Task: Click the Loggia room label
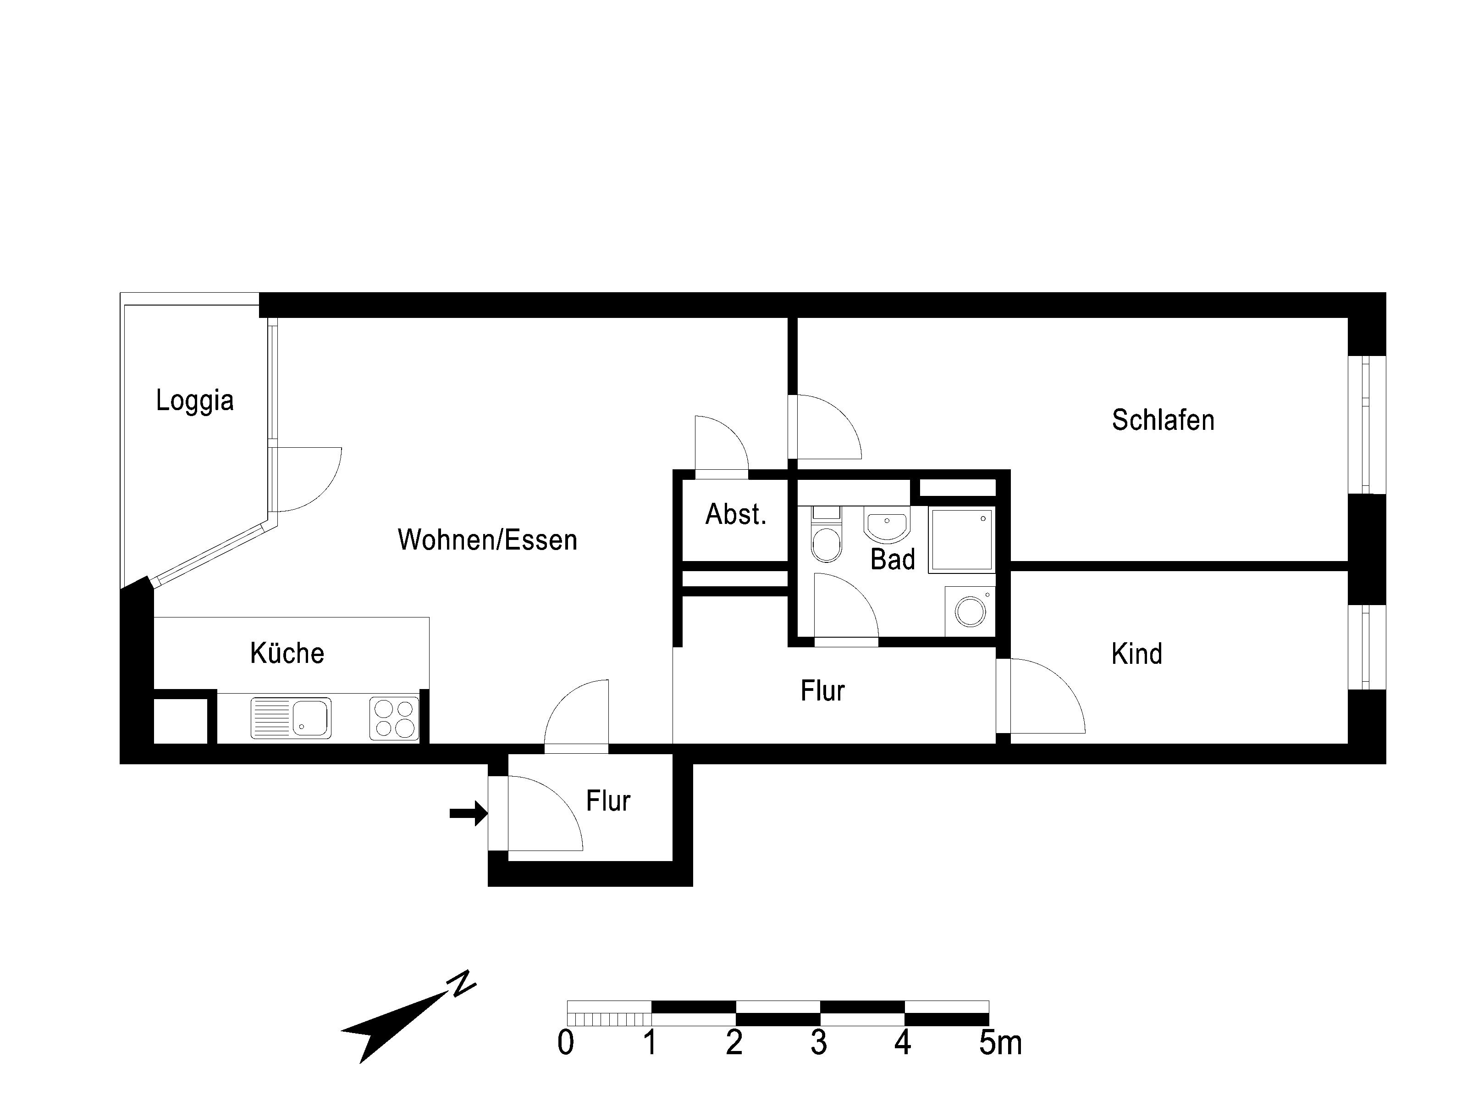[195, 401]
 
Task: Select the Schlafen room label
[1163, 420]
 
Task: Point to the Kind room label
[1137, 654]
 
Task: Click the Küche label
[287, 653]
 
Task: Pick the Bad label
[893, 560]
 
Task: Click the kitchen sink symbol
[291, 718]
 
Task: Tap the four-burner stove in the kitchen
[394, 718]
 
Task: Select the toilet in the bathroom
[827, 534]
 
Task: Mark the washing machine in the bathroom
[970, 611]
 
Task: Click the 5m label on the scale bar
[1000, 1043]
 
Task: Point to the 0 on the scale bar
[566, 1043]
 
